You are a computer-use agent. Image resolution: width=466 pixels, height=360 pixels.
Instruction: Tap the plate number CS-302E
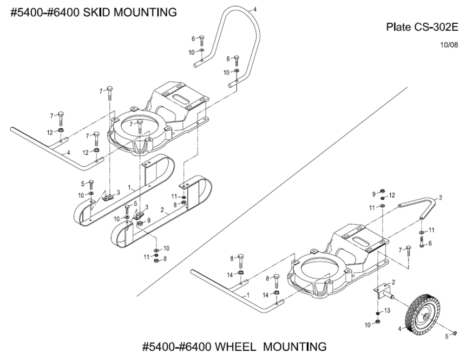[x=431, y=27]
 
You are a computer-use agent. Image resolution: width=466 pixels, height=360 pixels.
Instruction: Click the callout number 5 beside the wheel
[x=446, y=336]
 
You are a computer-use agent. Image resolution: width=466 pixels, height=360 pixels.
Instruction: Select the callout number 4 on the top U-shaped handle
[x=255, y=9]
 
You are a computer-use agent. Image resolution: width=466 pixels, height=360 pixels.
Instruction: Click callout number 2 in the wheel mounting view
[x=393, y=282]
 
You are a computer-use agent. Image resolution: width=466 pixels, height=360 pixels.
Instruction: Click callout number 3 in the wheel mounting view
[x=441, y=198]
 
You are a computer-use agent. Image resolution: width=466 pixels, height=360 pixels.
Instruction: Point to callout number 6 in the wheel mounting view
[x=430, y=244]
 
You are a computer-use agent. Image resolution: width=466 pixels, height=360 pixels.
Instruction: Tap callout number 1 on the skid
[x=129, y=186]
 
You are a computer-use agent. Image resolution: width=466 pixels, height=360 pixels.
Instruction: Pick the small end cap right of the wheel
[x=454, y=333]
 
